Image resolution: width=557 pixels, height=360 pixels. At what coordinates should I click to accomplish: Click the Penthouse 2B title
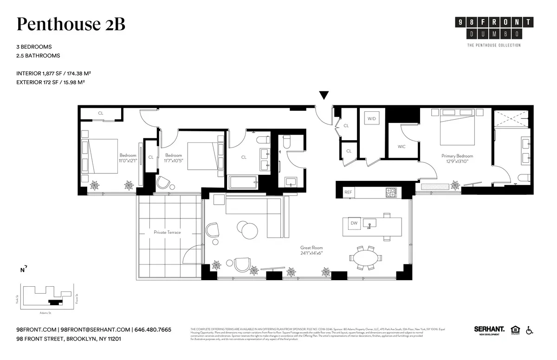[71, 25]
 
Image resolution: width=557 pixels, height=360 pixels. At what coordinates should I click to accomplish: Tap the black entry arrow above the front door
[324, 96]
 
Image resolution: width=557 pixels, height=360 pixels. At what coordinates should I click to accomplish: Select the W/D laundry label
[372, 119]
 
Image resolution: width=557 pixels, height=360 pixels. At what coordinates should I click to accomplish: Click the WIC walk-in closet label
[402, 147]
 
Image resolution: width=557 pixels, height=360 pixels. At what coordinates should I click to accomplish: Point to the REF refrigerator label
[348, 192]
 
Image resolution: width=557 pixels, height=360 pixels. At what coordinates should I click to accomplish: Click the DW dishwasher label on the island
[354, 223]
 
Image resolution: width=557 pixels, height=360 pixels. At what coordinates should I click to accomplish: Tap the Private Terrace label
[167, 232]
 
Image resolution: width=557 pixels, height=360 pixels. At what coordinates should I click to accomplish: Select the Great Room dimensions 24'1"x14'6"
[311, 253]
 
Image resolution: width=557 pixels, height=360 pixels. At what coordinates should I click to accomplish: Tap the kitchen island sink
[369, 224]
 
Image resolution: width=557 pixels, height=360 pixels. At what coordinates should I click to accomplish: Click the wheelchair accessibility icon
[530, 330]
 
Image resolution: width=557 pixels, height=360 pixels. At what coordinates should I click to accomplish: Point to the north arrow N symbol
[23, 269]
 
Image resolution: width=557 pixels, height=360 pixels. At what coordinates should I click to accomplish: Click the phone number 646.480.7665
[153, 330]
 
